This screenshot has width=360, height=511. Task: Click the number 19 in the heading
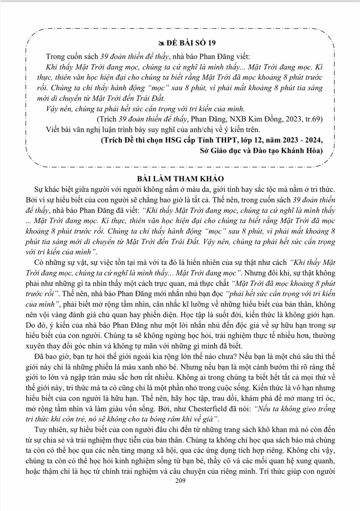[x=212, y=43]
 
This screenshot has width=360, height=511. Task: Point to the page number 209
[x=180, y=481]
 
